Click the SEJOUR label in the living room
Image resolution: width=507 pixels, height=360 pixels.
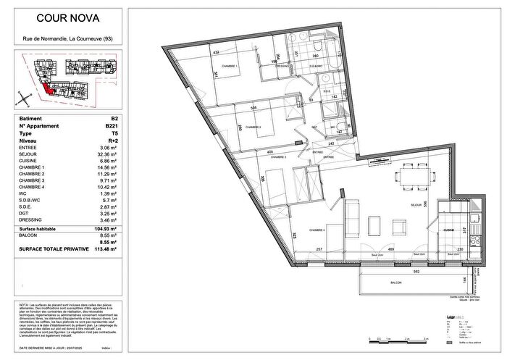[x=416, y=206]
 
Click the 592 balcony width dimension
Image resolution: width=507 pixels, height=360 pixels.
[x=396, y=272]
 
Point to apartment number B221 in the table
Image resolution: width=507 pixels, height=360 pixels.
[x=112, y=126]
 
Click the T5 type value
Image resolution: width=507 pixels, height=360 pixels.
[x=114, y=134]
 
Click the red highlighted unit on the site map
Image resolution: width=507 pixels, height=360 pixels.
[x=46, y=88]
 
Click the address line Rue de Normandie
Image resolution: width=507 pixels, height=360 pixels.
[x=64, y=38]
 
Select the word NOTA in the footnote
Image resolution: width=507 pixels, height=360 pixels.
[x=25, y=306]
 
